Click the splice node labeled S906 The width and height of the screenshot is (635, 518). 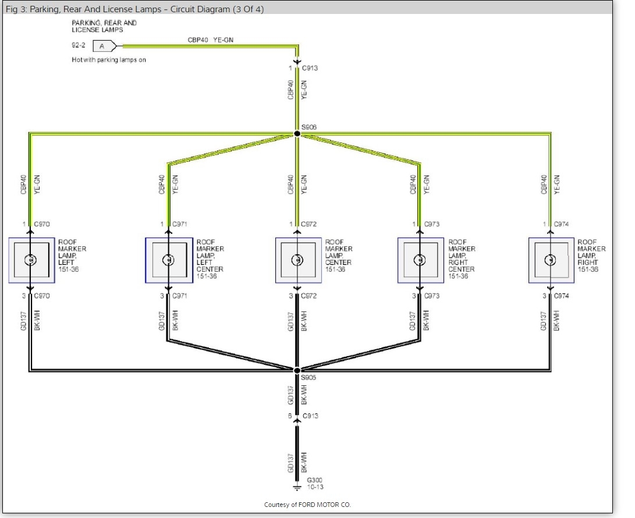[x=297, y=134]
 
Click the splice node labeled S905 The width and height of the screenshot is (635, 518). [x=297, y=370]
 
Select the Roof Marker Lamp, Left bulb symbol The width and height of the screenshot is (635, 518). [x=30, y=260]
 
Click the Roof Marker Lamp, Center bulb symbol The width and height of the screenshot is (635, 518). [x=297, y=260]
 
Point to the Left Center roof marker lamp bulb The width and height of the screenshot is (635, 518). [x=168, y=260]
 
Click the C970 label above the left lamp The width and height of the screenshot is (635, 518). [x=42, y=224]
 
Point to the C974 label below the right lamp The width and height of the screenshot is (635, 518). [x=561, y=296]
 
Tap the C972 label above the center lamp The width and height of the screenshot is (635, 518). [x=309, y=224]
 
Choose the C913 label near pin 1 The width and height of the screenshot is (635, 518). [x=310, y=68]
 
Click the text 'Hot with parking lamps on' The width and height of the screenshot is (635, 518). [x=109, y=59]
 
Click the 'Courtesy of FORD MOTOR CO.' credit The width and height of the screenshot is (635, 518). [x=307, y=505]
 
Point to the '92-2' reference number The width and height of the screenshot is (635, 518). [x=79, y=45]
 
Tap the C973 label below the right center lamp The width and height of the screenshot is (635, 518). [x=432, y=296]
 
